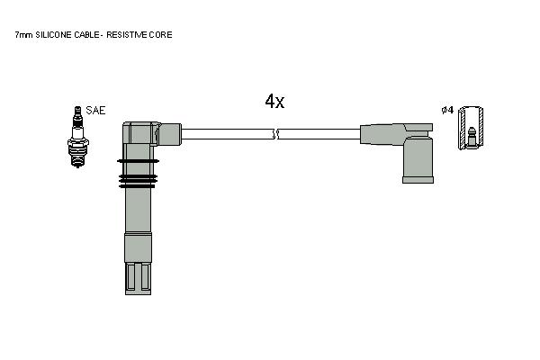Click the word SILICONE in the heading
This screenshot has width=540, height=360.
[x=54, y=35]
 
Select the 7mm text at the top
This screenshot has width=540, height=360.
[x=23, y=35]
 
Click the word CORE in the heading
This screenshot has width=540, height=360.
[x=160, y=35]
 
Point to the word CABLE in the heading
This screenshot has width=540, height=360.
[x=86, y=35]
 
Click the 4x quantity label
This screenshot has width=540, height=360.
[x=274, y=102]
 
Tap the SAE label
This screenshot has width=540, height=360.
[x=95, y=110]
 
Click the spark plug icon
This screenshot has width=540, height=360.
[x=78, y=137]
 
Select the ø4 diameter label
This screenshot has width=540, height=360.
[x=447, y=110]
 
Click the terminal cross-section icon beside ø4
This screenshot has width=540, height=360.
[x=471, y=128]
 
